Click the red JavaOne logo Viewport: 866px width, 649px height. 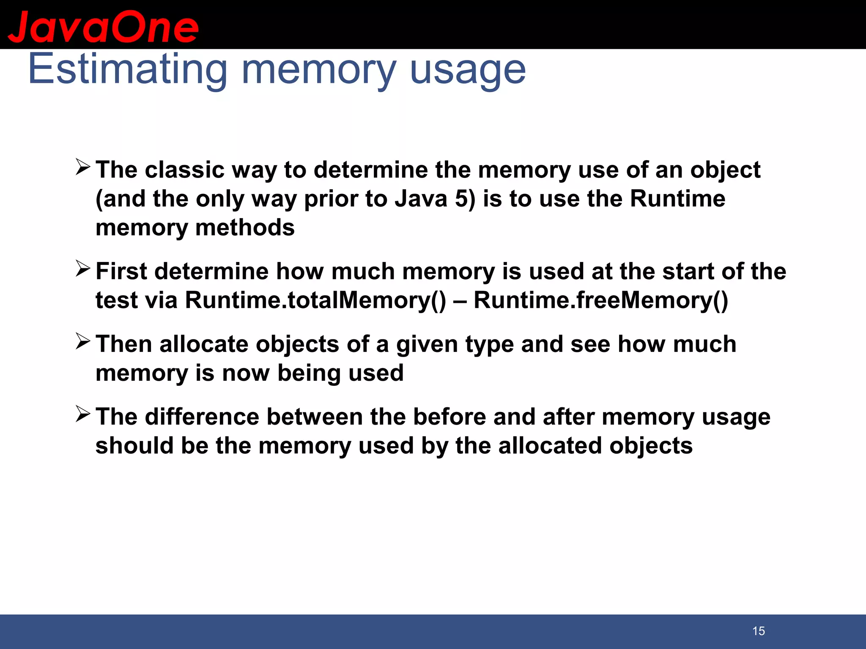click(x=103, y=27)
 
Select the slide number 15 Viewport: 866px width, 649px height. click(x=759, y=631)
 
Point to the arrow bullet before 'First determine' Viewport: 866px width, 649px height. click(x=83, y=268)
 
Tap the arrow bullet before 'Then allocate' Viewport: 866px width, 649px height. click(x=83, y=341)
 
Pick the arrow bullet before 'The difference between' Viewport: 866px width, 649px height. click(x=83, y=414)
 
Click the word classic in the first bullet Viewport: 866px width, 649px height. click(x=184, y=170)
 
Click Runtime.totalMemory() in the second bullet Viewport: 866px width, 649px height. click(x=315, y=300)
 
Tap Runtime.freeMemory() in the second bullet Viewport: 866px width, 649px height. click(x=601, y=300)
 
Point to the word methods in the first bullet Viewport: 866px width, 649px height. click(x=245, y=228)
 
